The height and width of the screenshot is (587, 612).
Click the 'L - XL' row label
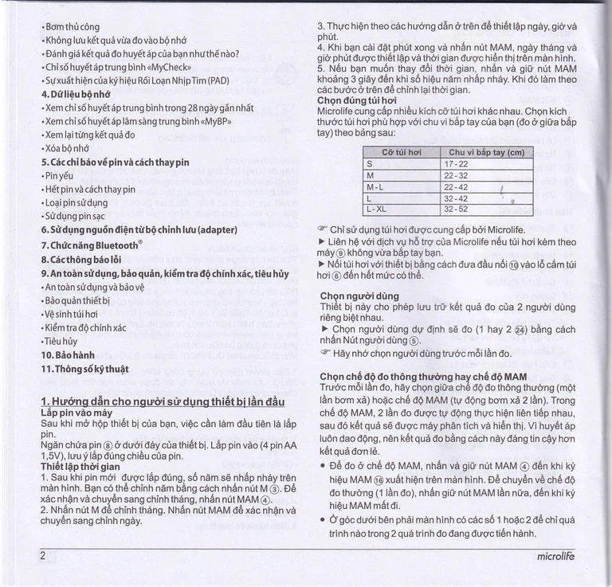(x=376, y=209)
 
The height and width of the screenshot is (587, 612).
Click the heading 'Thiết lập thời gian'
(x=80, y=466)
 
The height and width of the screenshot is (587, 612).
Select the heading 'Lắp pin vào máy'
(x=76, y=414)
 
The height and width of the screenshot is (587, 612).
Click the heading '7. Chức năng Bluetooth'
(x=92, y=245)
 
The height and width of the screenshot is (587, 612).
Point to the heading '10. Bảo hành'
(x=68, y=354)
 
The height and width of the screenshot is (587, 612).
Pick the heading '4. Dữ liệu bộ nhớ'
(x=76, y=93)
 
